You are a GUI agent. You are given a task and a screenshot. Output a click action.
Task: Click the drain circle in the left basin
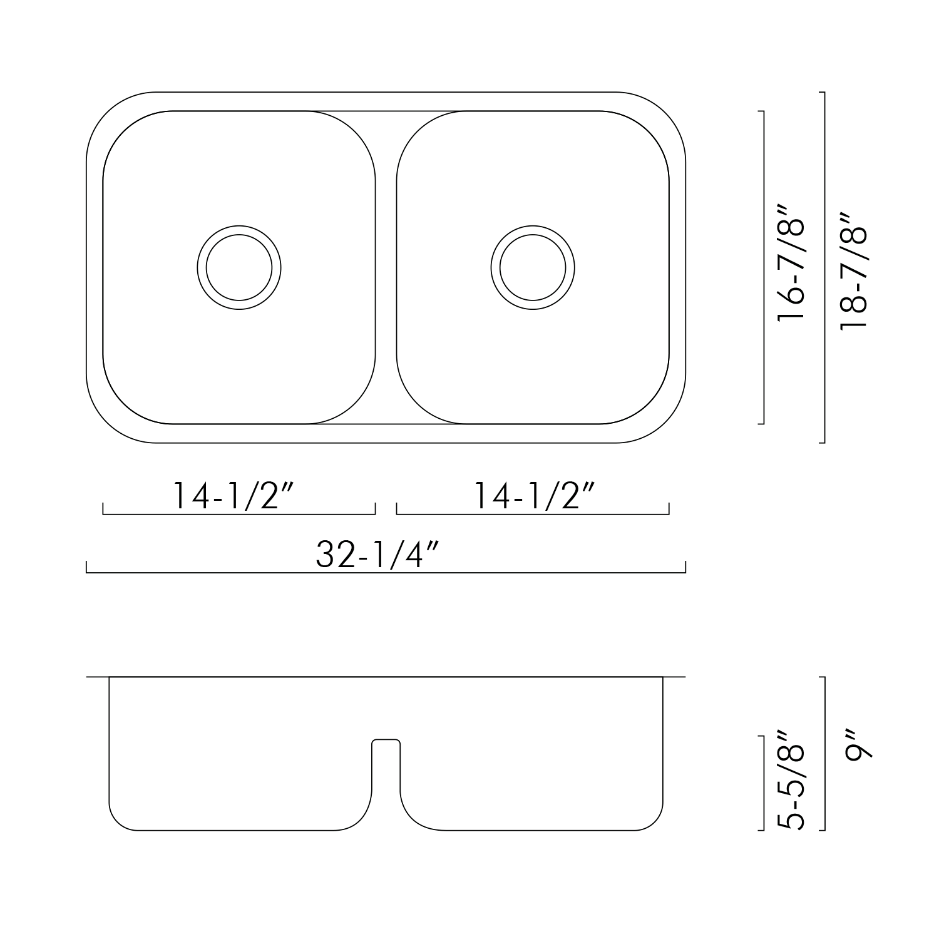[239, 268]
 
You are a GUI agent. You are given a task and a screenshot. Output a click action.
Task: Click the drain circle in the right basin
[533, 268]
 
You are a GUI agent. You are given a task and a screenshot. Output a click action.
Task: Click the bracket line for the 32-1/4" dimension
[386, 572]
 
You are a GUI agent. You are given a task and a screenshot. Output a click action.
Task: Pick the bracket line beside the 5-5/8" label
[764, 782]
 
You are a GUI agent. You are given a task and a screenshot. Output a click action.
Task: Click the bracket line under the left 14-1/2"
[239, 514]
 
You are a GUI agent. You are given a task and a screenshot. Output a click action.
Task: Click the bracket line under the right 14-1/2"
[533, 514]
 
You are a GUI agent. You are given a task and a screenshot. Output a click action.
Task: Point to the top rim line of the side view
[386, 677]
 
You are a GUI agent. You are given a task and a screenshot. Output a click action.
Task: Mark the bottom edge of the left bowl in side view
[238, 830]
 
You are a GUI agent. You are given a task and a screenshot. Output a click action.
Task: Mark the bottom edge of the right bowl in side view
[538, 830]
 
